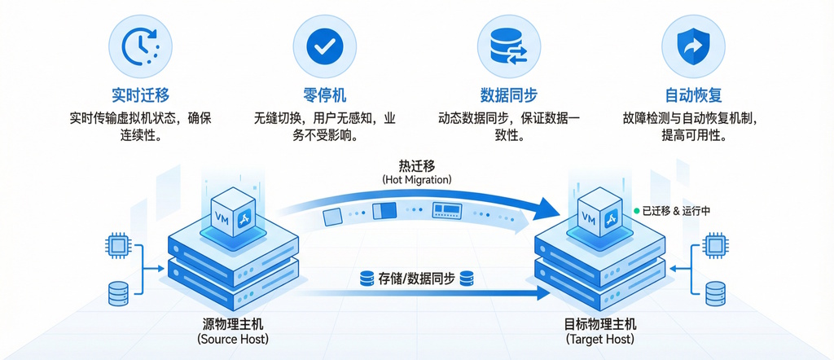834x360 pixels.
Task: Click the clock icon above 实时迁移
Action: (x=140, y=47)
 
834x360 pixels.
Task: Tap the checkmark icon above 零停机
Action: (x=325, y=47)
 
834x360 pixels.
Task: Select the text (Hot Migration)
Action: (x=416, y=179)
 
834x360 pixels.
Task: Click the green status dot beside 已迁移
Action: (x=637, y=211)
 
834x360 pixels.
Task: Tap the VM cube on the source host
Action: (x=233, y=213)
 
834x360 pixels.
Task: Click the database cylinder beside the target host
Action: (x=715, y=292)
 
